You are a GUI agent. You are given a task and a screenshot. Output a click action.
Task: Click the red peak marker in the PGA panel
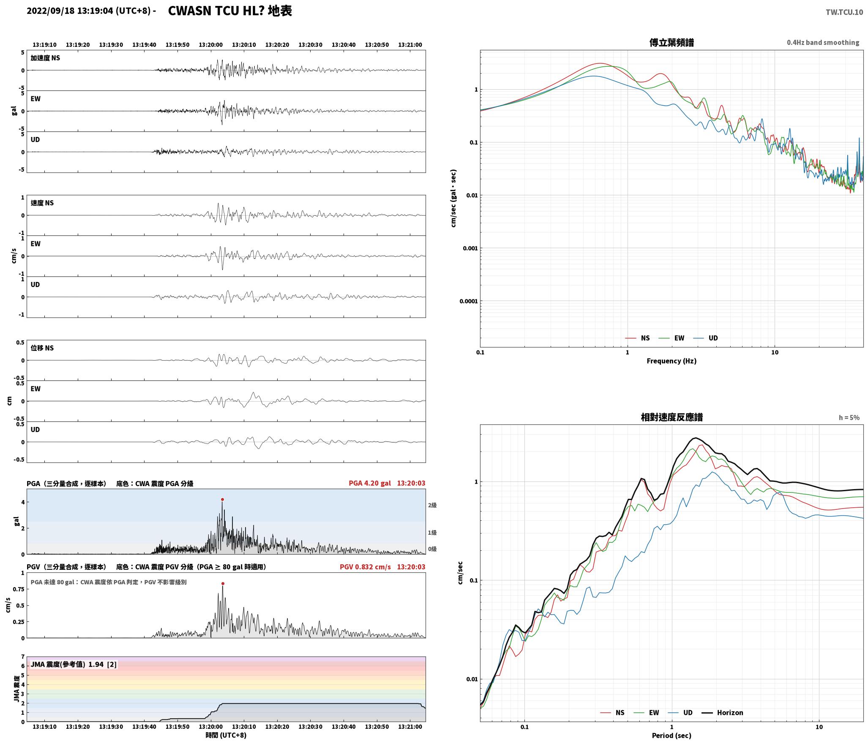(222, 500)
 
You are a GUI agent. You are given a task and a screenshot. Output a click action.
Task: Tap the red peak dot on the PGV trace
(223, 584)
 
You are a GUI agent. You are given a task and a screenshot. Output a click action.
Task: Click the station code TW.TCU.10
(844, 12)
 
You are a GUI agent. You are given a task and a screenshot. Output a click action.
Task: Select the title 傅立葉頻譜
(671, 43)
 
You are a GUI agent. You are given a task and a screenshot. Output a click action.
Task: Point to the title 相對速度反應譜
(671, 417)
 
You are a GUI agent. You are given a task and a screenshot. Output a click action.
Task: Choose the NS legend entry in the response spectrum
(612, 713)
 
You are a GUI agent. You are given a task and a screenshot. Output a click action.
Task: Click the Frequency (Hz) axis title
(671, 361)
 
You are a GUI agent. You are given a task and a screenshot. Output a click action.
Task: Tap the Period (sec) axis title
(671, 736)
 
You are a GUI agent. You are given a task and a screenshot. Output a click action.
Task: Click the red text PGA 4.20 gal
(370, 483)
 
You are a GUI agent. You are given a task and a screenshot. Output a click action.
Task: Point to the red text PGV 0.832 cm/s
(365, 567)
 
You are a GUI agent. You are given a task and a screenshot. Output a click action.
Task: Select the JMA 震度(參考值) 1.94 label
(67, 665)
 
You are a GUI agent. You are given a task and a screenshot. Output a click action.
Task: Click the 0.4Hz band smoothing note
(823, 43)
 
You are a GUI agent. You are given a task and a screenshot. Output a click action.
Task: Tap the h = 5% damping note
(849, 418)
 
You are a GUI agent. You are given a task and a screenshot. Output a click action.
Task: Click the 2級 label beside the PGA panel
(432, 505)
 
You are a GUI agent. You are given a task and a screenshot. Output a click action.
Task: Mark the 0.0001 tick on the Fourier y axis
(469, 301)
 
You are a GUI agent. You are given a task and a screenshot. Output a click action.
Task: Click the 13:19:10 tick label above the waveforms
(44, 45)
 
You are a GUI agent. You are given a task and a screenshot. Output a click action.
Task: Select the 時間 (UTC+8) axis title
(226, 735)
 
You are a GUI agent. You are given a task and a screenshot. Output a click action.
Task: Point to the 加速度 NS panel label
(45, 58)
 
